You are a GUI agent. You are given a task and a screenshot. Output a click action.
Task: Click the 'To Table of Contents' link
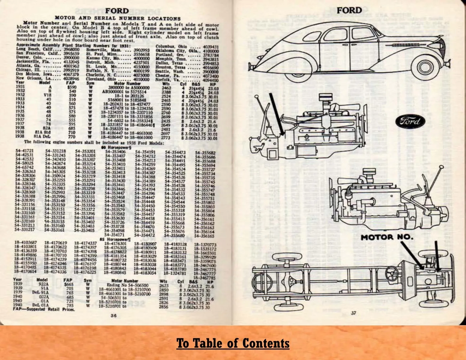[x=233, y=343]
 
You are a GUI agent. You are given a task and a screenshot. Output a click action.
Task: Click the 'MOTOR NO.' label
[x=387, y=238]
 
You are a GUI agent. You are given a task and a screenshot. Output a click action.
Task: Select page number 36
[x=113, y=315]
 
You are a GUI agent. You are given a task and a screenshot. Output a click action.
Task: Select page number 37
[x=353, y=313]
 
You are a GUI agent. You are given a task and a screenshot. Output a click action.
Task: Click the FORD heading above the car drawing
[x=349, y=10]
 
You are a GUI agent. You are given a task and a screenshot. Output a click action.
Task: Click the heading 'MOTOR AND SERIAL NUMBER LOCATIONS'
[x=118, y=19]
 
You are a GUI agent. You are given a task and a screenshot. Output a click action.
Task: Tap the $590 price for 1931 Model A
[x=71, y=87]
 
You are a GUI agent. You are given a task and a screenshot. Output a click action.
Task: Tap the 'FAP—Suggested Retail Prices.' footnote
[x=44, y=309]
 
